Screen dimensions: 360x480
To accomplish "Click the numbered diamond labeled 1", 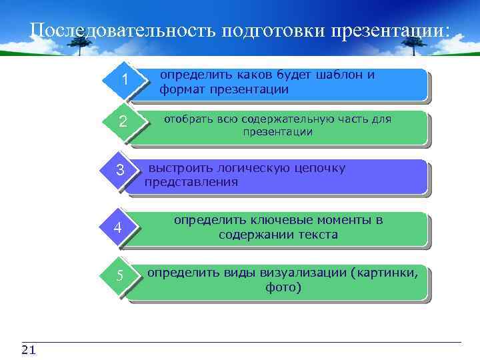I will (x=124, y=81).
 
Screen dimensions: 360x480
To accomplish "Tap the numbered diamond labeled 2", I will (x=123, y=122).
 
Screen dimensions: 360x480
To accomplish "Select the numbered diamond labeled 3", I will (x=120, y=171).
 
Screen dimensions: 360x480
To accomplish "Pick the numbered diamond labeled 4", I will (x=117, y=228).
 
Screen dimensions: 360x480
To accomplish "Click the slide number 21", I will (x=29, y=351).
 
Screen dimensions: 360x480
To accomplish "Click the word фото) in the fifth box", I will (x=283, y=288).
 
